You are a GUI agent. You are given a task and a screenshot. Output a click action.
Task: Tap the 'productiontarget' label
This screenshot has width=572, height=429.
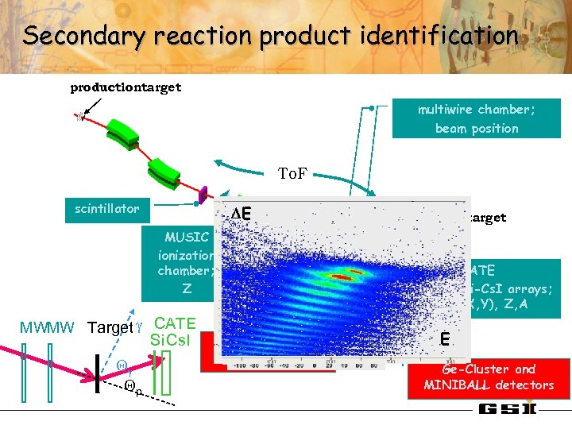pos(126,87)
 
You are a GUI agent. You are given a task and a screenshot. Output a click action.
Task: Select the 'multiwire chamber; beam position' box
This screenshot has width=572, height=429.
pos(477,118)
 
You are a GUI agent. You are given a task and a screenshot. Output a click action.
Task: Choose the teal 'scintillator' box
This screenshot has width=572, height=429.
pos(107,209)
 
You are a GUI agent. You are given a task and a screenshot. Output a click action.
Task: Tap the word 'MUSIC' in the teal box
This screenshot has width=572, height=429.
pos(187,237)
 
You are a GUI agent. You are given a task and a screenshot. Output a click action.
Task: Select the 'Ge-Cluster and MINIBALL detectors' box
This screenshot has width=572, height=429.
pos(489,377)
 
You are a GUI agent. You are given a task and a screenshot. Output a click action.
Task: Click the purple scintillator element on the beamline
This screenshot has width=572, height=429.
pos(203,194)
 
